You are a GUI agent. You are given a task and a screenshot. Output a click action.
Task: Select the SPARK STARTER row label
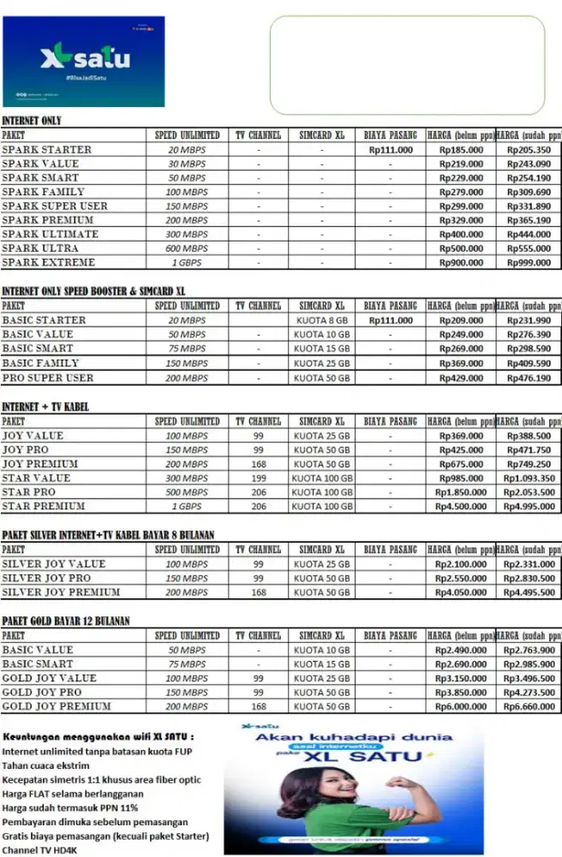46,150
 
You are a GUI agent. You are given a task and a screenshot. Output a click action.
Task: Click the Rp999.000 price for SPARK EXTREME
529,263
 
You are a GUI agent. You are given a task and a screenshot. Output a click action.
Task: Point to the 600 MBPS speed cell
187,249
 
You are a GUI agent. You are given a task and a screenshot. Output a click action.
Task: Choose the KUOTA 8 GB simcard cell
321,321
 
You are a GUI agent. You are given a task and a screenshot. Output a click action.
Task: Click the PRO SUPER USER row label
48,378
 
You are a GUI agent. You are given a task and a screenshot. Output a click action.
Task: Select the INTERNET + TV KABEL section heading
45,407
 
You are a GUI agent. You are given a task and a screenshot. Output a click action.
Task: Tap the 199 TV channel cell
259,478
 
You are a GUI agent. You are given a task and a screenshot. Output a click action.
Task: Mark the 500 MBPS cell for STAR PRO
187,493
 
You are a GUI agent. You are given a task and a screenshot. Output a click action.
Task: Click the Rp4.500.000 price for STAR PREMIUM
459,506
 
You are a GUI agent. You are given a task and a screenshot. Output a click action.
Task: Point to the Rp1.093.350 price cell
529,478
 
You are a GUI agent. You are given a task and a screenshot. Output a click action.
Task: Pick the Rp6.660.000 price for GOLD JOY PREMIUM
529,707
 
